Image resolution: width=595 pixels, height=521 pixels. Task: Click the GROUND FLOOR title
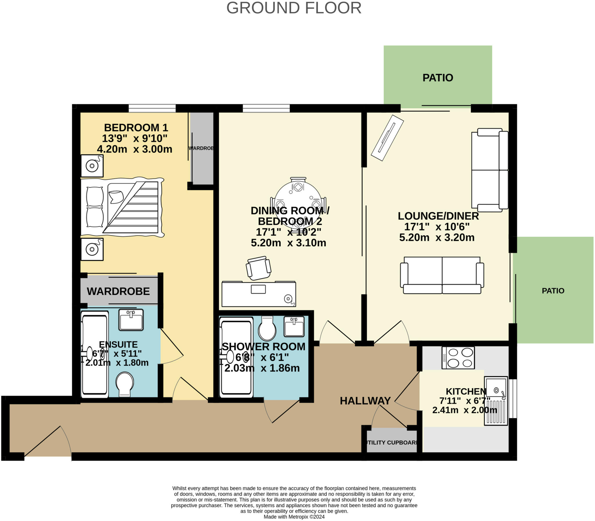pyautogui.click(x=294, y=8)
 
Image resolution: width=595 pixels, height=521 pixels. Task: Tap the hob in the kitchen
pyautogui.click(x=458, y=358)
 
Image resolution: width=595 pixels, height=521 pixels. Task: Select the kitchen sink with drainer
pyautogui.click(x=496, y=401)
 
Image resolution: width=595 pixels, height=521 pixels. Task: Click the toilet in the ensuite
pyautogui.click(x=125, y=384)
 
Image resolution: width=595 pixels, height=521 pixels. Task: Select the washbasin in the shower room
pyautogui.click(x=294, y=326)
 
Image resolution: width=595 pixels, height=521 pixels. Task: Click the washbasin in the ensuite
pyautogui.click(x=131, y=319)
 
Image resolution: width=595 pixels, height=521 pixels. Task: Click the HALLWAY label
pyautogui.click(x=365, y=401)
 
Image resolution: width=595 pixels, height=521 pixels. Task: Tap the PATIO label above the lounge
pyautogui.click(x=438, y=78)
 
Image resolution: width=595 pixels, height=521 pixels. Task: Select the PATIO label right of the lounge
pyautogui.click(x=553, y=291)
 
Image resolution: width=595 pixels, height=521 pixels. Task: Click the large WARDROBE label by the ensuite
pyautogui.click(x=118, y=291)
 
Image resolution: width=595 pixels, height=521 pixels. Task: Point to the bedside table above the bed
pyautogui.click(x=92, y=166)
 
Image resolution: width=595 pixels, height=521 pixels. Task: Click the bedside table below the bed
pyautogui.click(x=92, y=250)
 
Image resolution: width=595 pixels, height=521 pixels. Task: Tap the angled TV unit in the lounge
pyautogui.click(x=387, y=138)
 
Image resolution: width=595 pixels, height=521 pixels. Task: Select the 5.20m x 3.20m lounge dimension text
pyautogui.click(x=437, y=237)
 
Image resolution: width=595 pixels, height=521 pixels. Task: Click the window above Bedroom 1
pyautogui.click(x=152, y=108)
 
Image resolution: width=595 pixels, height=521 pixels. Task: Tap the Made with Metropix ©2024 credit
pyautogui.click(x=294, y=517)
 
